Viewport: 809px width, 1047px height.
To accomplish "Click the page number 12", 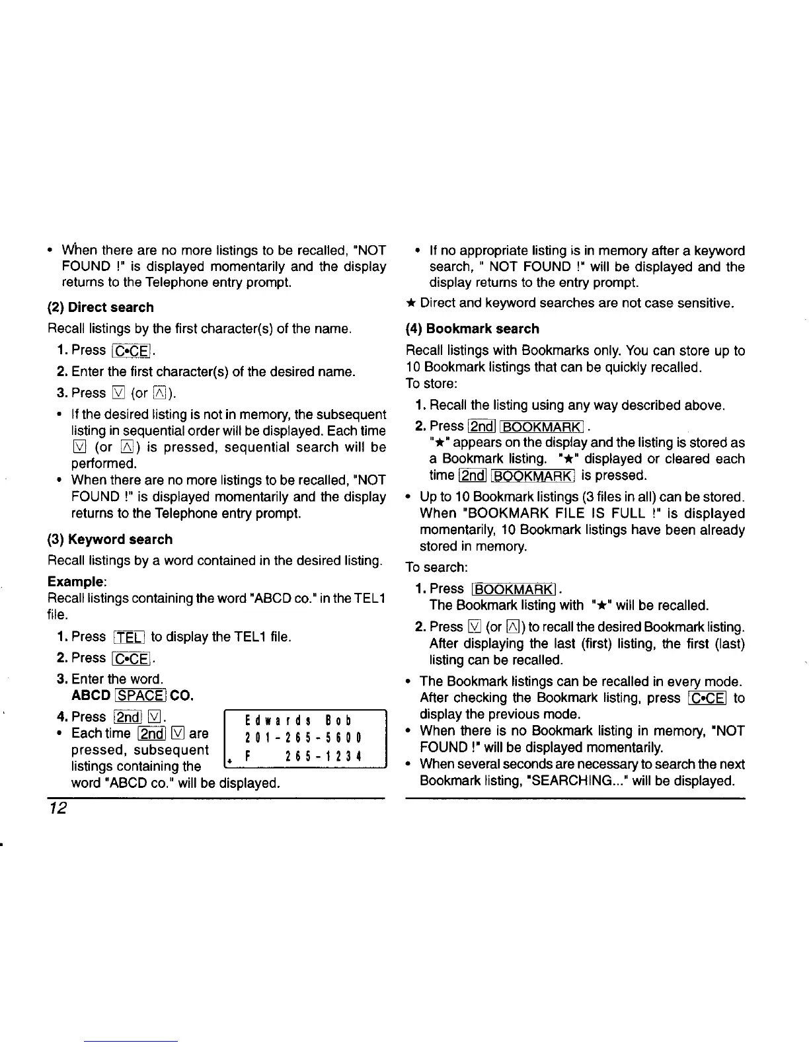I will tap(57, 810).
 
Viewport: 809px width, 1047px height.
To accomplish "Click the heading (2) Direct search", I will tap(100, 307).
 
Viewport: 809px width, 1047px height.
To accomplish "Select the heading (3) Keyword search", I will tap(110, 539).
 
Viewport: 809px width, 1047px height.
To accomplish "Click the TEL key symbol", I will tap(129, 637).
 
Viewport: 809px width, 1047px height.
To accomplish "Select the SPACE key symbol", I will tap(139, 695).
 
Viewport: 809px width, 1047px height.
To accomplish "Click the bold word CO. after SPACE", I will tap(181, 695).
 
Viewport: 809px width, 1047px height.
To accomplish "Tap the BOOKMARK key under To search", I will tap(515, 589).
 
